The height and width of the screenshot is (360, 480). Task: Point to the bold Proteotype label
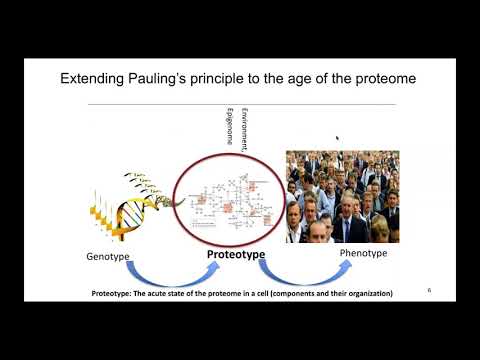(236, 255)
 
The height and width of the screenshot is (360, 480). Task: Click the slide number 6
(428, 290)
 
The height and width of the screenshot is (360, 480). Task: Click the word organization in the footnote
(361, 294)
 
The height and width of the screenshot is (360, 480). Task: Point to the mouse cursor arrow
(337, 139)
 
